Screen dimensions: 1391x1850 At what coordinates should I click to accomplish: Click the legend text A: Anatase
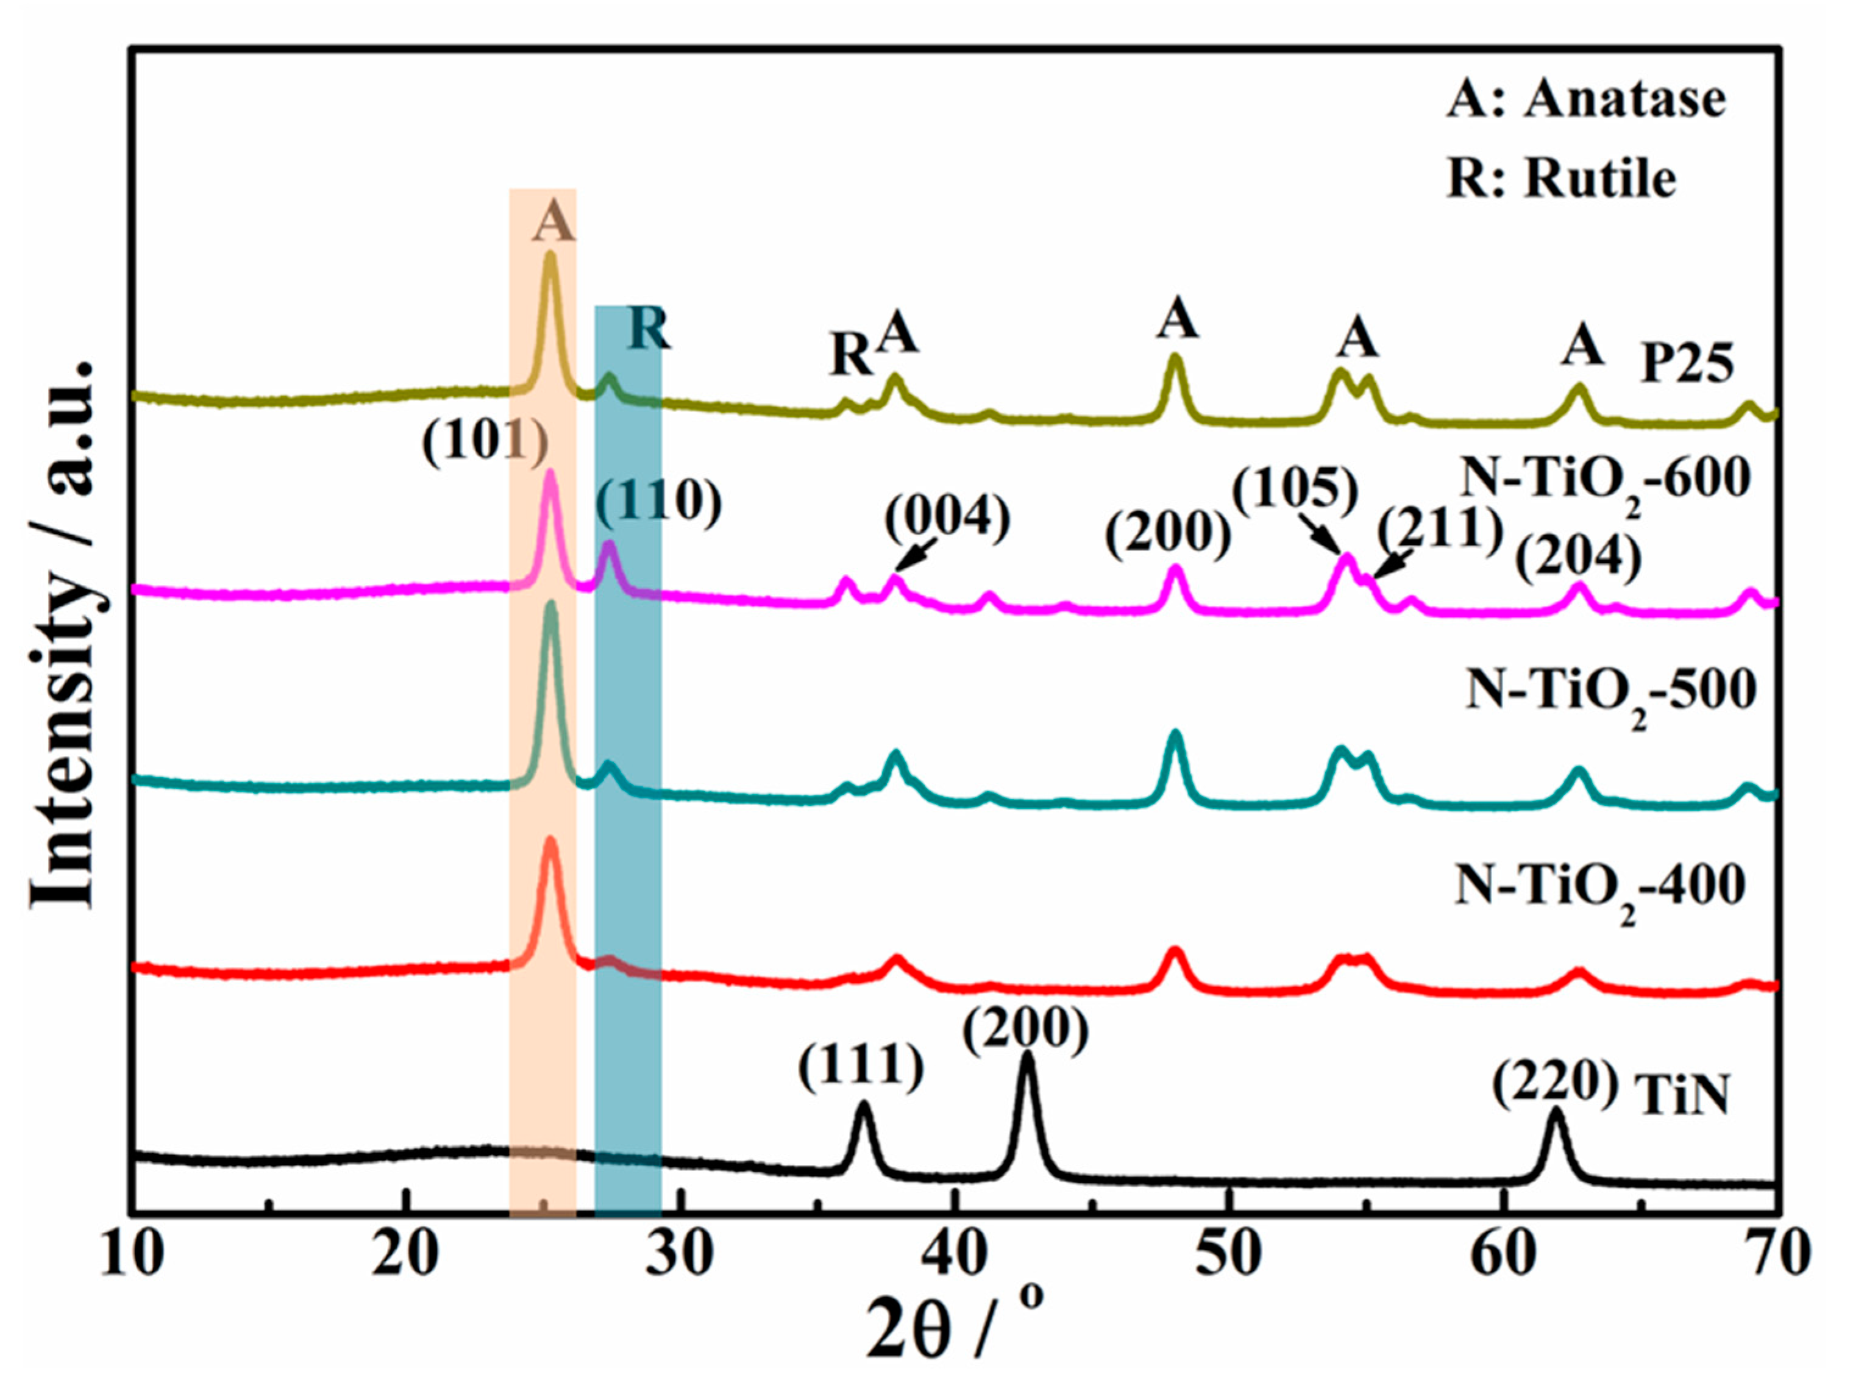pyautogui.click(x=1585, y=101)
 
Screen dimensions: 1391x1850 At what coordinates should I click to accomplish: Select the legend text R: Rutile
pyautogui.click(x=1562, y=177)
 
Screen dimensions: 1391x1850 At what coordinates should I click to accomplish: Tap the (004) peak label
pyautogui.click(x=948, y=519)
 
